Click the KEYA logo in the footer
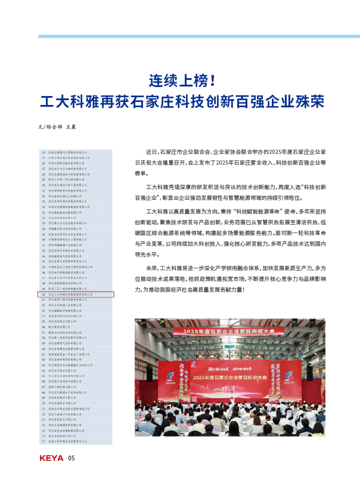point(51,459)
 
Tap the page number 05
point(71,459)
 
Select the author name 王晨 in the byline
point(70,127)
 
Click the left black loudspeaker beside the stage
point(150,373)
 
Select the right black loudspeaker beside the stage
point(309,373)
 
